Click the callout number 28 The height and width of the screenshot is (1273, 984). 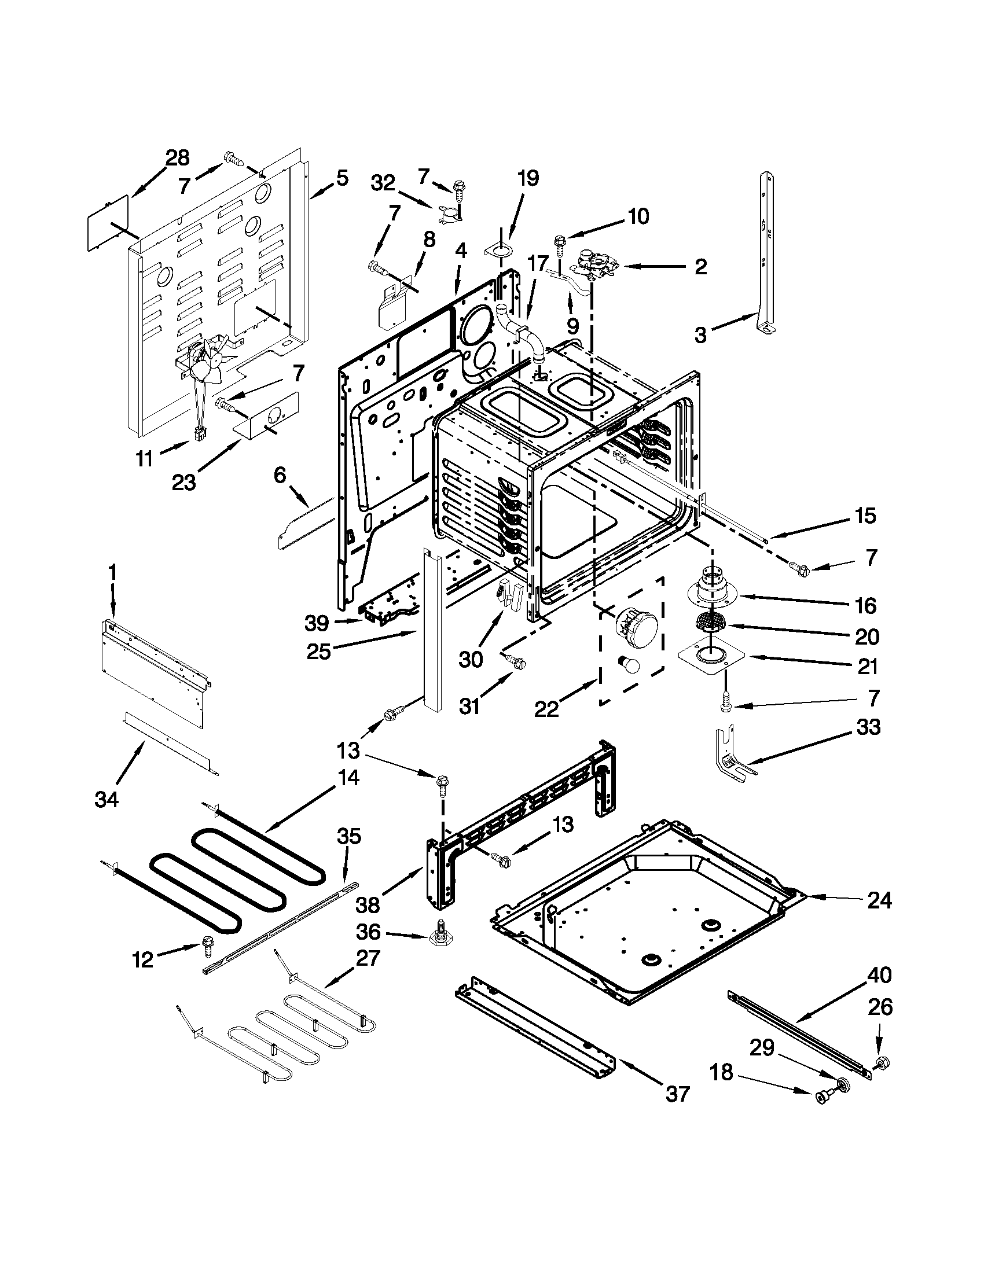coord(177,157)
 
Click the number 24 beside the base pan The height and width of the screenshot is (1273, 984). coord(879,900)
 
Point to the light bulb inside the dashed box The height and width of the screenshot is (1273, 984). coord(631,663)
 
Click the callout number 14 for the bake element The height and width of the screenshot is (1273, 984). coord(348,778)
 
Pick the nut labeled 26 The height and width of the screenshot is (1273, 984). coord(882,1062)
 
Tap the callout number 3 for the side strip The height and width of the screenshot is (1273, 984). coord(700,334)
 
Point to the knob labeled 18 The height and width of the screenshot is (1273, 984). coord(823,1098)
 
